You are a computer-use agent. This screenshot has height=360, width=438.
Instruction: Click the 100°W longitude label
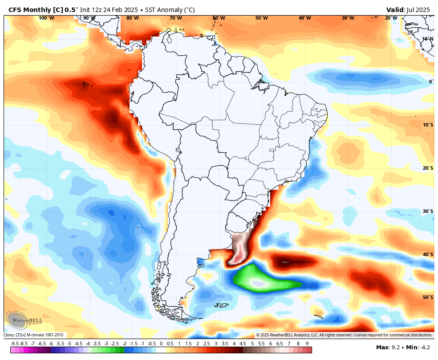(x=46, y=18)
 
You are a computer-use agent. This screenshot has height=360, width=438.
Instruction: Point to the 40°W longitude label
(x=304, y=18)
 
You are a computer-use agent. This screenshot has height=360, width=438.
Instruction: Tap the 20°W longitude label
(x=391, y=18)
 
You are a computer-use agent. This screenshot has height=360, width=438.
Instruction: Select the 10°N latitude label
(x=427, y=39)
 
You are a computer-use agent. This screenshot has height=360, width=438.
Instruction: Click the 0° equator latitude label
(x=430, y=82)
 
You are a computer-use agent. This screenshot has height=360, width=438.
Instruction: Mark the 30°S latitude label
(x=428, y=211)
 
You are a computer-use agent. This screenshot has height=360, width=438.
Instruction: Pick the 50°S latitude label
(x=428, y=297)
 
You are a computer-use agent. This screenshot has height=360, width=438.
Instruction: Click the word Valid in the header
(x=395, y=10)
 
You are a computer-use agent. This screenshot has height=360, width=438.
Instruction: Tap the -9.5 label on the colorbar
(x=14, y=344)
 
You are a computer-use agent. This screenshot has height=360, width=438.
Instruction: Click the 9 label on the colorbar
(x=307, y=344)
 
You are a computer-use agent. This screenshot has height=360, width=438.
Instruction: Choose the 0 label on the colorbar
(x=161, y=344)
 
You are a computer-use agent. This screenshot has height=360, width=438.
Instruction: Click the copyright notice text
(x=344, y=335)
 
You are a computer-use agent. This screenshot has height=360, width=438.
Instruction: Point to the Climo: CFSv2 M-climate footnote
(x=33, y=335)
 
